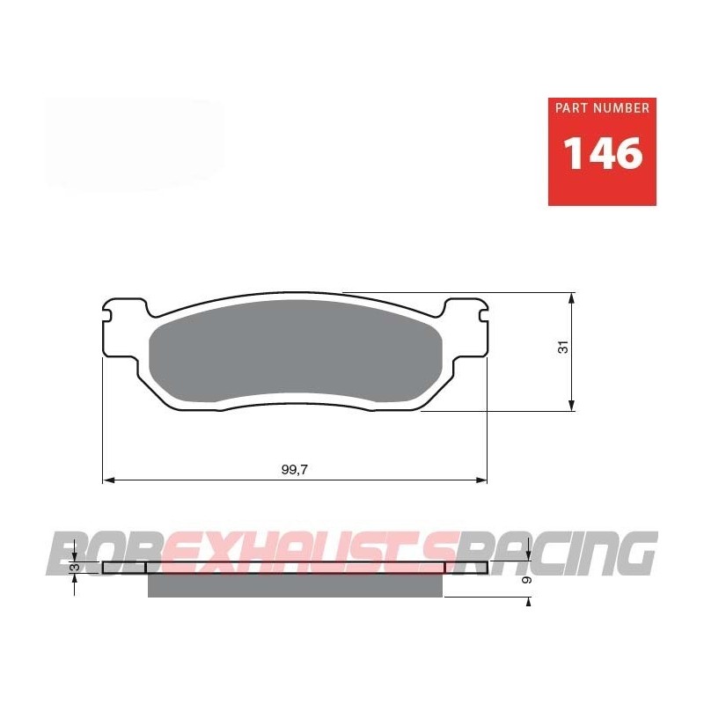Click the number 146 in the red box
pos(602,154)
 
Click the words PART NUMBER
pos(602,108)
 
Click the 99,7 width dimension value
pos(294,469)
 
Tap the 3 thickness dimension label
pos(76,568)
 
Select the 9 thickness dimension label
pos(525,580)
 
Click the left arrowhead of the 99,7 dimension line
pos(108,480)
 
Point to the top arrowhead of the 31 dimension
pos(573,297)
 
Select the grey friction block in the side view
pos(295,585)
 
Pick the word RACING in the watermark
pos(563,553)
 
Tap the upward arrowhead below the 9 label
pos(528,601)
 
